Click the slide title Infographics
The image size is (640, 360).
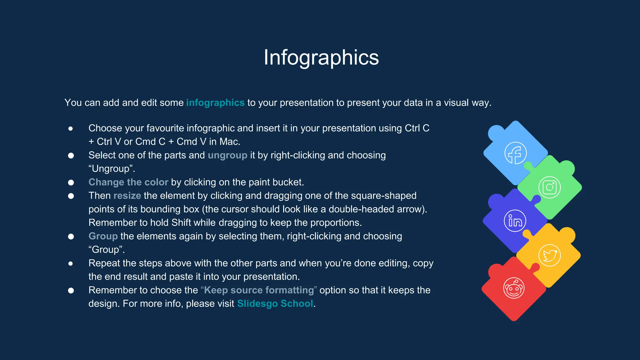tap(321, 57)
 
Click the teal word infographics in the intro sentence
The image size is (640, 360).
tap(215, 103)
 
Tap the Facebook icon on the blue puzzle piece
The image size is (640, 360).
tap(515, 153)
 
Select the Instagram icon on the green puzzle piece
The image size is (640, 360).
tap(549, 187)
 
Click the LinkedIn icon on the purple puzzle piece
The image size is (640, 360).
tap(515, 221)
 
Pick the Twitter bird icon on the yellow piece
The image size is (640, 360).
tap(549, 255)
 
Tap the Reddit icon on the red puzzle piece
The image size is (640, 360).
tap(514, 288)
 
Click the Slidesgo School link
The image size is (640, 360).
tap(275, 304)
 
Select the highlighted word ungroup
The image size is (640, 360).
tap(227, 155)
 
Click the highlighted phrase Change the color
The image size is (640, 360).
tap(128, 182)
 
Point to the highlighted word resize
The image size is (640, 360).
tap(127, 196)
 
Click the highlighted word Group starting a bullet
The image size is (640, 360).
tap(103, 236)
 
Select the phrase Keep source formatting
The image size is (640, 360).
tap(259, 290)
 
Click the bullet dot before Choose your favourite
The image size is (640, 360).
tap(71, 129)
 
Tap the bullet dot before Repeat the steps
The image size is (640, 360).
tap(71, 264)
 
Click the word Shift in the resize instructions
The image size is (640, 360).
tap(181, 223)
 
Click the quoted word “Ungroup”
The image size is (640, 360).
tap(111, 169)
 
